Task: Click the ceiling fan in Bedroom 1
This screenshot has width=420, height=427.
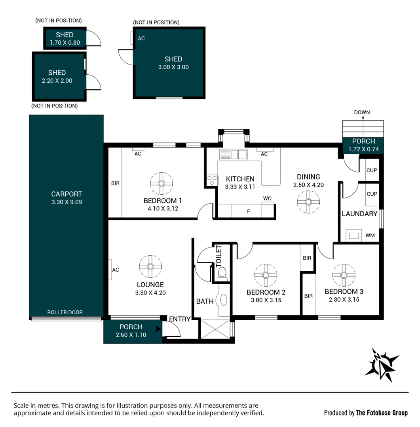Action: click(162, 183)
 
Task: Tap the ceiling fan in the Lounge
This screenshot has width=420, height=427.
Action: click(150, 266)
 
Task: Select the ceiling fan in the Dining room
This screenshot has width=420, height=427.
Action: click(308, 201)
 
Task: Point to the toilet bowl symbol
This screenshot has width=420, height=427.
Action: click(222, 272)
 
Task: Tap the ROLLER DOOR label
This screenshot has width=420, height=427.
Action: click(65, 312)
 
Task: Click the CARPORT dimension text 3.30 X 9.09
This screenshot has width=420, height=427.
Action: click(67, 202)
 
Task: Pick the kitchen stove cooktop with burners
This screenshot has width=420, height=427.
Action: click(212, 180)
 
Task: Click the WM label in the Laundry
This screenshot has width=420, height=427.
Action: click(370, 236)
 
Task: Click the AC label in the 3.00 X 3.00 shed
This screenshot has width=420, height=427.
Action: click(141, 39)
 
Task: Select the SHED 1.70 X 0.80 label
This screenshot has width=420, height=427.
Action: click(65, 39)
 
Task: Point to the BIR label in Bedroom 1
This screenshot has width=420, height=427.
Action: click(115, 183)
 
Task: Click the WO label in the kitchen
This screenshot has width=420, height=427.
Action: click(268, 198)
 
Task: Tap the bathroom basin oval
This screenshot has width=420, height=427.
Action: click(224, 300)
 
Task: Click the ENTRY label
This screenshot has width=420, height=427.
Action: click(180, 319)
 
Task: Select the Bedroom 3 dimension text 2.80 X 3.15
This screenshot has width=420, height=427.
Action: click(344, 299)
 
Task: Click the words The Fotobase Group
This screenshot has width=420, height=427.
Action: click(382, 413)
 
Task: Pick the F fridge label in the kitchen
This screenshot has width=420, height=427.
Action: click(249, 212)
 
